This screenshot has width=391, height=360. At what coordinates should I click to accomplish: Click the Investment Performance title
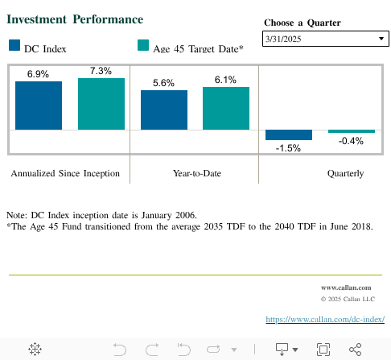(76, 19)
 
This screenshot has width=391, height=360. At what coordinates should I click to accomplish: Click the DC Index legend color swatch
(14, 47)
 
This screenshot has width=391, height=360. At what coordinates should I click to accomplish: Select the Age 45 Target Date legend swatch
(143, 47)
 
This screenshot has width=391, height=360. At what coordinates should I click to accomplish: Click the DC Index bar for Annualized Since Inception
(39, 106)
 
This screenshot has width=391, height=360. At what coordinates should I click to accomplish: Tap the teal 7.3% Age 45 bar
(101, 104)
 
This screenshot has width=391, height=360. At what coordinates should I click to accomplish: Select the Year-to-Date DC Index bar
(164, 110)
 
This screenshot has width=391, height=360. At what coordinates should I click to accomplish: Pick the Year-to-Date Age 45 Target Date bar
(226, 108)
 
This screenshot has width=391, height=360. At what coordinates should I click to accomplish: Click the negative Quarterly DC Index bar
(289, 134)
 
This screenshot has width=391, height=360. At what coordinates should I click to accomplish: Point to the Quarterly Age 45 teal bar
(352, 131)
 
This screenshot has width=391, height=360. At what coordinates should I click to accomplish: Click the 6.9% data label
(38, 74)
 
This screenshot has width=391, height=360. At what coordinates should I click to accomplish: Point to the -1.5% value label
(288, 148)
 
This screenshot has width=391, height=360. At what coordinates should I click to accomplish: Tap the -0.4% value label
(352, 141)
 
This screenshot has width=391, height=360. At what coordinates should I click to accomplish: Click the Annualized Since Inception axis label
(65, 173)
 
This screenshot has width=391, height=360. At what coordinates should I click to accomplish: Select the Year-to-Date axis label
(197, 173)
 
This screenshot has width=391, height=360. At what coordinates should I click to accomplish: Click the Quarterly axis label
(345, 173)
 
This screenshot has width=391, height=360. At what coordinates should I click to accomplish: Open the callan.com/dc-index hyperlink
(325, 319)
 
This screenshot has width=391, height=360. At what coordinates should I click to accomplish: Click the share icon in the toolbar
(355, 349)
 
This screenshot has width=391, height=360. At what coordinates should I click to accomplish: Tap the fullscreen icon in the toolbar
(323, 349)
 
